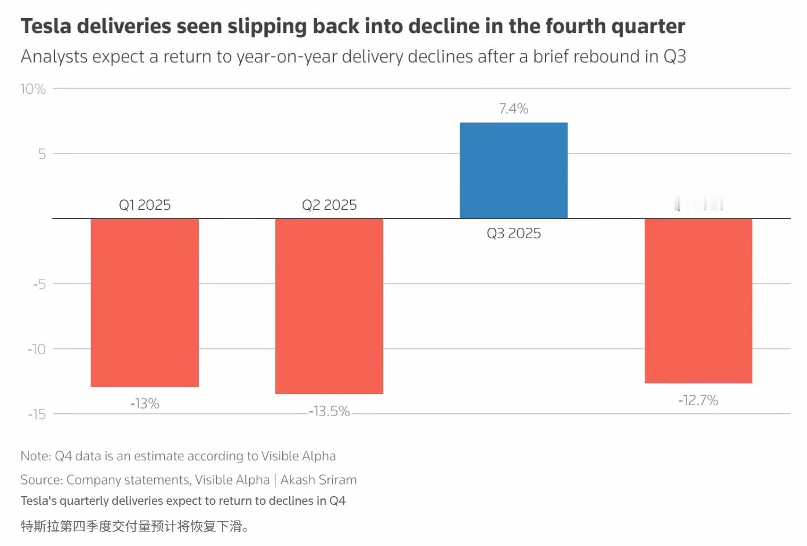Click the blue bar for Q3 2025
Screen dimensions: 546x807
click(514, 170)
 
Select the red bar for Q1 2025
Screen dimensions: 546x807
click(145, 303)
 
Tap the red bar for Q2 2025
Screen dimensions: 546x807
click(329, 306)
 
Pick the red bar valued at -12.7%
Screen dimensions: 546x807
click(699, 301)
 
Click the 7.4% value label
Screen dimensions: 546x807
click(514, 109)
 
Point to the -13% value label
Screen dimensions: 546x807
click(145, 403)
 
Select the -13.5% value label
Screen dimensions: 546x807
click(329, 412)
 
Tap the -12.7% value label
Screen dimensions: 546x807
click(699, 401)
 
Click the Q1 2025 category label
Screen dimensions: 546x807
click(145, 205)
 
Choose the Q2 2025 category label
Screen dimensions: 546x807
click(329, 205)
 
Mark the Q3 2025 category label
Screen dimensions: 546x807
click(514, 234)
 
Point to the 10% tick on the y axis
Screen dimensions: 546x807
click(33, 89)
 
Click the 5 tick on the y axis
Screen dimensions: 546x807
click(42, 154)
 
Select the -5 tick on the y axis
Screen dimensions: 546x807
click(39, 284)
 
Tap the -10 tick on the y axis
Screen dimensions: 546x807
click(37, 349)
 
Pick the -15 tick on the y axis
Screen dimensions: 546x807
click(37, 414)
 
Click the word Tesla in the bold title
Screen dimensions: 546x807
click(46, 27)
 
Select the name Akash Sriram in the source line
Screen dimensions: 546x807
click(318, 480)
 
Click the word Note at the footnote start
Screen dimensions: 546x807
click(35, 456)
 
